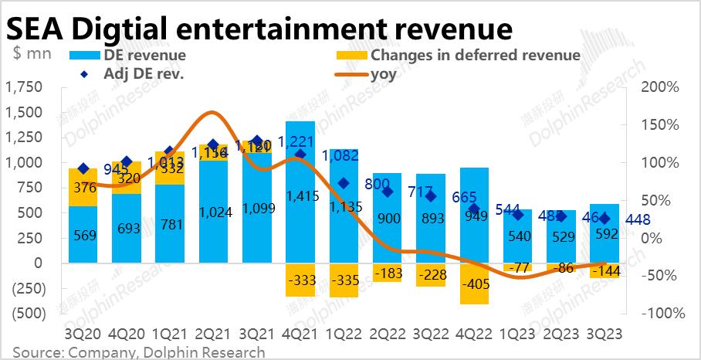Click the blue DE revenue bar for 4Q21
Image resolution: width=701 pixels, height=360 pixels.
tap(300, 193)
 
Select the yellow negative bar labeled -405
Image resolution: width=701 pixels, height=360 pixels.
tap(475, 284)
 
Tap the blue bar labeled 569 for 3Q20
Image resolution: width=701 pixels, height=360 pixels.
tap(83, 234)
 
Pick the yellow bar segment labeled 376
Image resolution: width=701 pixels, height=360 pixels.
tap(83, 188)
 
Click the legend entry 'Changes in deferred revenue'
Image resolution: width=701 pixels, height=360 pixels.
tap(474, 55)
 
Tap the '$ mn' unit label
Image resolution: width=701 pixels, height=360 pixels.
tap(32, 54)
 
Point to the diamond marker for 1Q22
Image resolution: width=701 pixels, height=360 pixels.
tap(344, 183)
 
